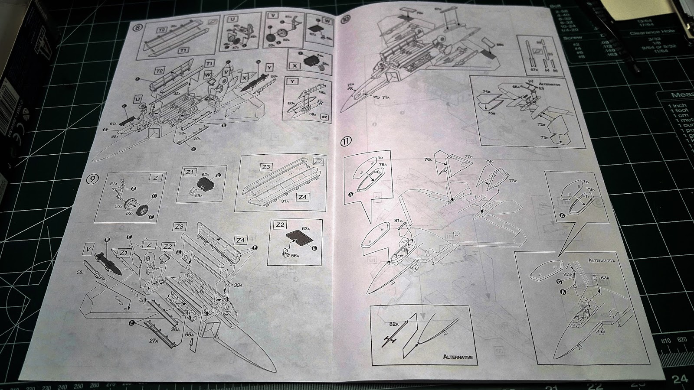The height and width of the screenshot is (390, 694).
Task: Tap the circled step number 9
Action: coord(92,179)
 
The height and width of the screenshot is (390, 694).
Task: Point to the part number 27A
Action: coord(154,341)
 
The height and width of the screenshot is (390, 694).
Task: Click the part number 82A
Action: coord(393,323)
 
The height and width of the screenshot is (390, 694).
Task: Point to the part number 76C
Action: coord(429,159)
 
